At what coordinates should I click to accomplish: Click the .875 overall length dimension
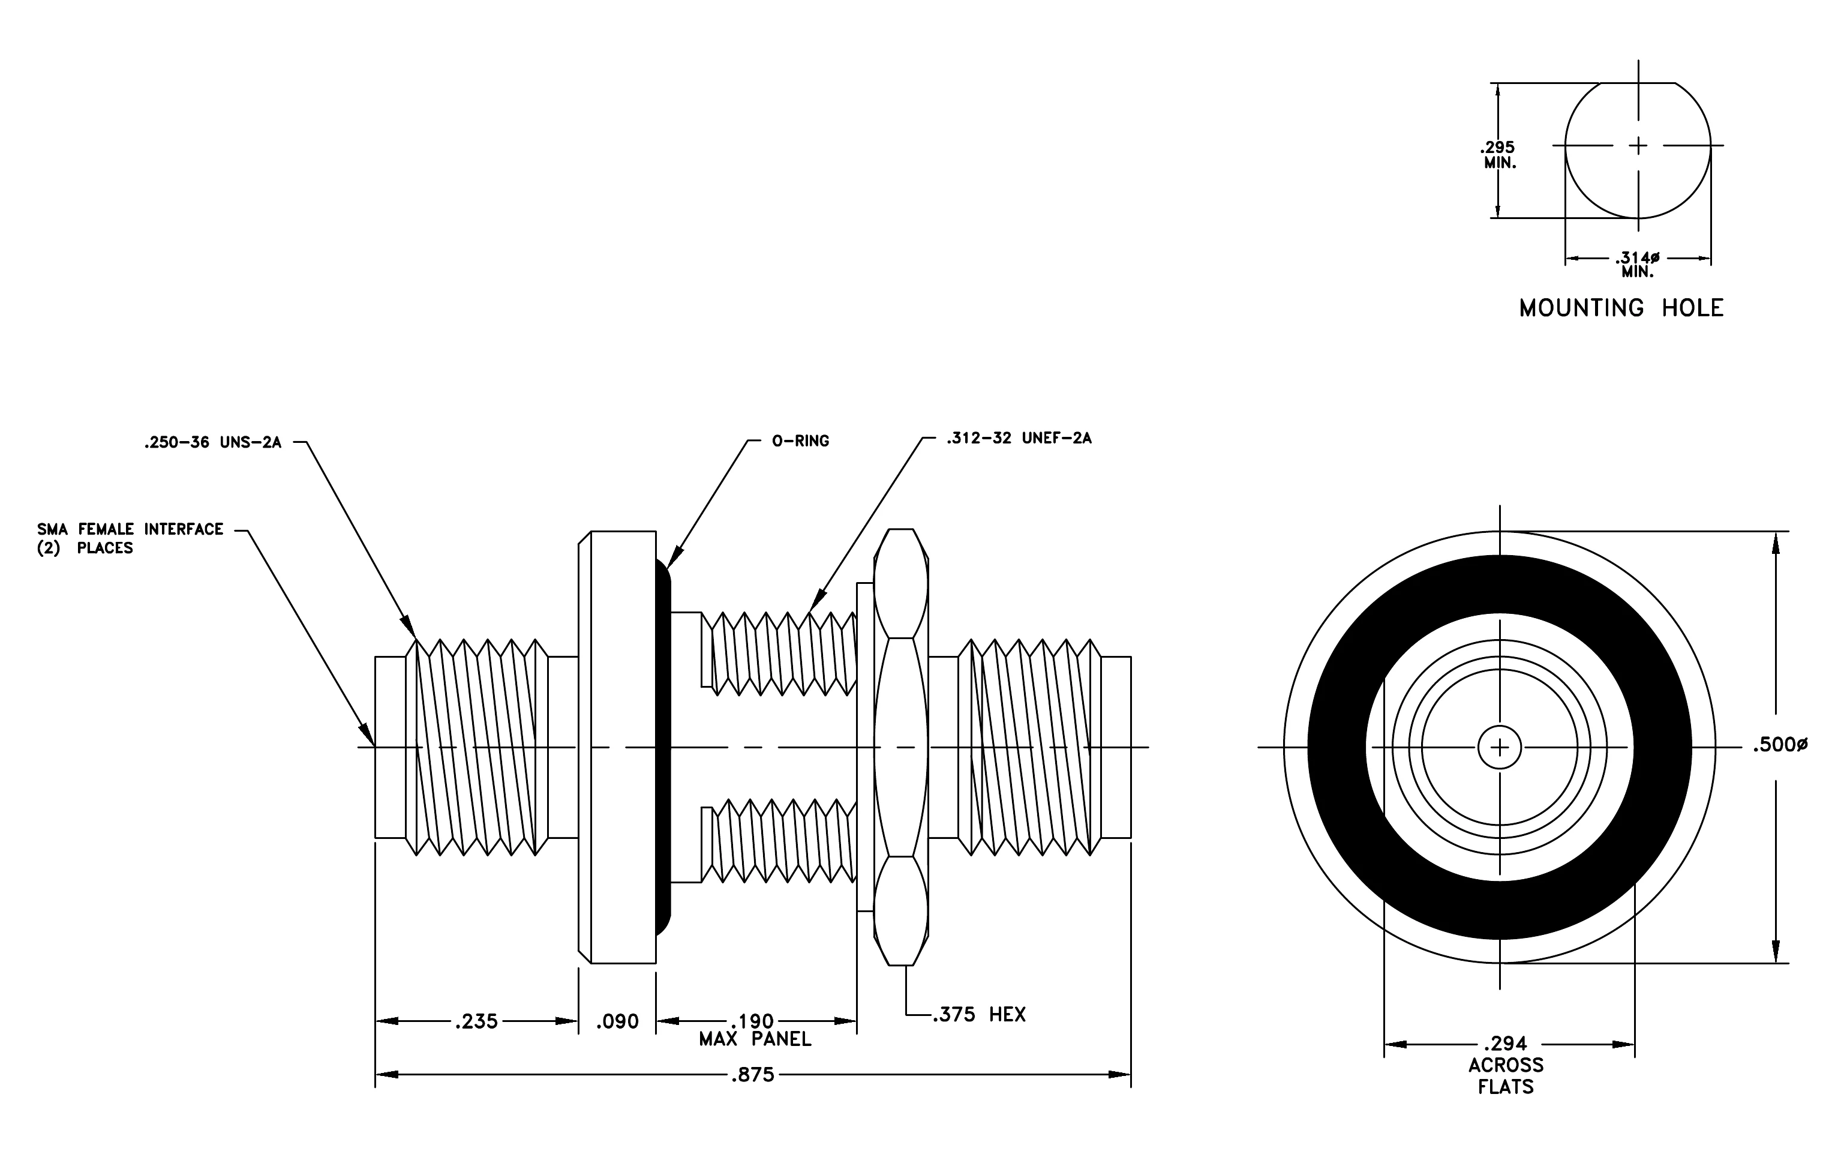click(x=753, y=1075)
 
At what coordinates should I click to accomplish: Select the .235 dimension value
click(x=476, y=1021)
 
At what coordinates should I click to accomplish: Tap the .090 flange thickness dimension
click(x=617, y=1021)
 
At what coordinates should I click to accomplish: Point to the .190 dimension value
click(x=753, y=1021)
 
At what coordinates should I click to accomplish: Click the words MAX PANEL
click(x=755, y=1039)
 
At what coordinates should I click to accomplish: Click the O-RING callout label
click(x=800, y=441)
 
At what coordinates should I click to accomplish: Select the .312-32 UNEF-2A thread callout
click(x=1019, y=438)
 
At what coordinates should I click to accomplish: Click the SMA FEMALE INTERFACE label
click(x=130, y=529)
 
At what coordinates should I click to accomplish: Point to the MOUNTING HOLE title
click(x=1621, y=308)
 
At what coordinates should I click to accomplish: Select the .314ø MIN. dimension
click(x=1638, y=265)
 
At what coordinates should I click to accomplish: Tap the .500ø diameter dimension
click(x=1780, y=745)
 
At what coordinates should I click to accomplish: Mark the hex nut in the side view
click(x=900, y=747)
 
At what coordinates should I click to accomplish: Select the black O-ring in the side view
click(x=663, y=747)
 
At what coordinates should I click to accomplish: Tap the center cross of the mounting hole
click(x=1638, y=145)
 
